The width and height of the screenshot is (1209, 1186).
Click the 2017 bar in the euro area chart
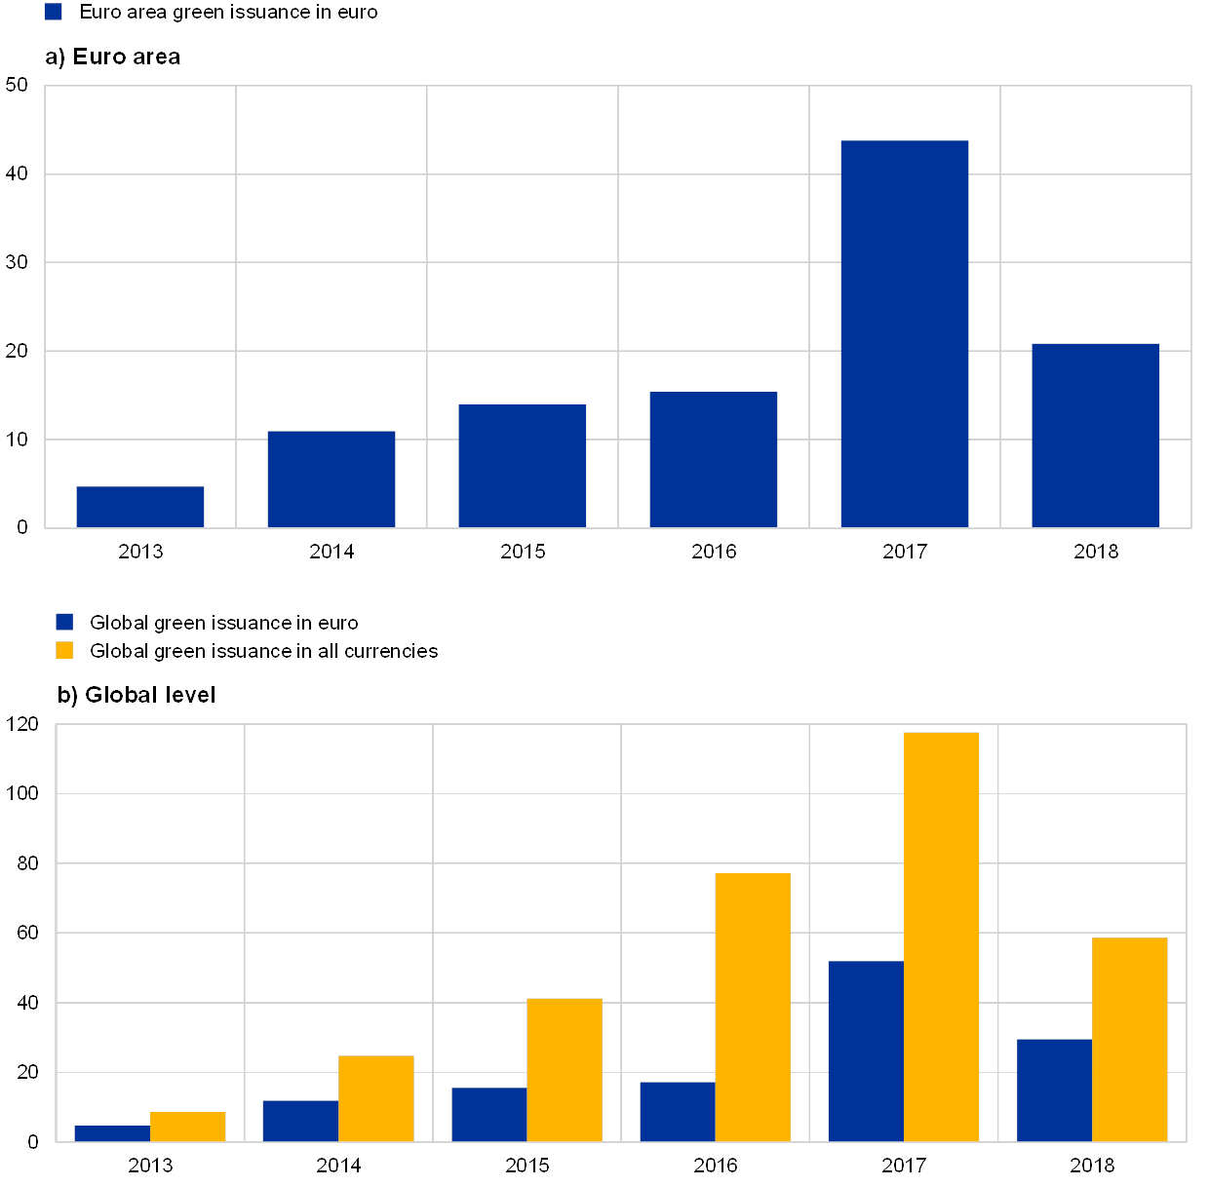(904, 334)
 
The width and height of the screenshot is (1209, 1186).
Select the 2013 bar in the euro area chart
(139, 507)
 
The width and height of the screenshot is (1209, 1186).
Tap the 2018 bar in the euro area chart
(1095, 436)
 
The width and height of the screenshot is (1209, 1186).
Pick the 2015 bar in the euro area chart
(522, 466)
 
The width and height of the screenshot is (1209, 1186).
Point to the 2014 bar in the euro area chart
(331, 479)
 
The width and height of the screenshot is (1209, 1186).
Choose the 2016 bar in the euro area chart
(713, 460)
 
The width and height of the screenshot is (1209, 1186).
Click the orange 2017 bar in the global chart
(941, 937)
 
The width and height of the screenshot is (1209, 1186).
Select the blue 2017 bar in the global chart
(865, 1051)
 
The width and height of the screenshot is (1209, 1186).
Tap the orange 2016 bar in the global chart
(753, 1007)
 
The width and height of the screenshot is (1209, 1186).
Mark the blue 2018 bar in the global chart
(1054, 1090)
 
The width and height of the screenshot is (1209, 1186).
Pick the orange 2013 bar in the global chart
(187, 1127)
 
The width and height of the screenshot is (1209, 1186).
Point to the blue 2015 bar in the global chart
(488, 1114)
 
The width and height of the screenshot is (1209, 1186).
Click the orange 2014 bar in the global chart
(375, 1098)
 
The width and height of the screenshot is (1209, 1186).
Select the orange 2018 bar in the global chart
(1129, 1039)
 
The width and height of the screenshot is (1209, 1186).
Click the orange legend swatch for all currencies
(64, 650)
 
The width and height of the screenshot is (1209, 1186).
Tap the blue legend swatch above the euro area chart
(54, 12)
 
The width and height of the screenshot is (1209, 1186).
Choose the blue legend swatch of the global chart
(64, 622)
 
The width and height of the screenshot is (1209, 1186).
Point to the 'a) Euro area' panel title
(112, 57)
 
